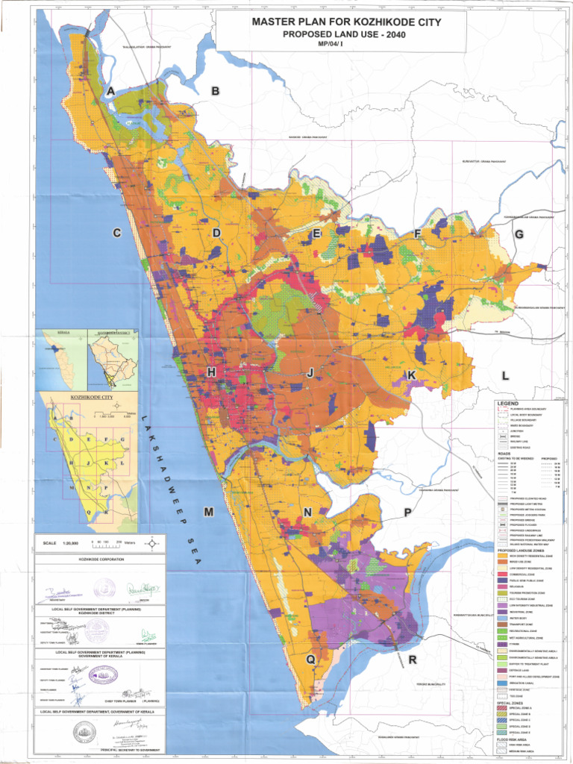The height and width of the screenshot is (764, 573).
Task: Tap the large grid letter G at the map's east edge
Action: [518, 234]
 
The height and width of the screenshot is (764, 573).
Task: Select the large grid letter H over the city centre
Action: [212, 372]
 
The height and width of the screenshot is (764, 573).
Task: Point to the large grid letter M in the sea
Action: [209, 512]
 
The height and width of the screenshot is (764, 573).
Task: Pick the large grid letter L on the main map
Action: [505, 375]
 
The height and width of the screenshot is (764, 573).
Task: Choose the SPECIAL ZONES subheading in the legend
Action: [510, 703]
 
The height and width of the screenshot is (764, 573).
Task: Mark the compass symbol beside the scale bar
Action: [152, 543]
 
